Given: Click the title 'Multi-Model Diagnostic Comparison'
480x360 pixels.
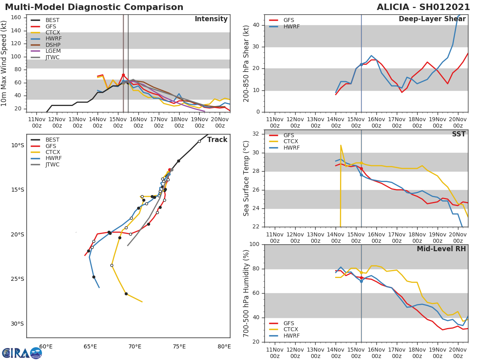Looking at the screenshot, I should coord(94,7).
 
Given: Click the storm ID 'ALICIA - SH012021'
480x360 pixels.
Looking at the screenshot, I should coord(423,7).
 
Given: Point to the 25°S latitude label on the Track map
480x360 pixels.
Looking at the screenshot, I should coord(17,279).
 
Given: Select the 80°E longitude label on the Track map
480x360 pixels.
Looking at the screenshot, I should coord(224,346).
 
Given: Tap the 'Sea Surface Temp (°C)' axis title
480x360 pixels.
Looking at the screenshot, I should coord(246,178).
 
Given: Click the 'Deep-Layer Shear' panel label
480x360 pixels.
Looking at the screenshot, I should coord(432,20).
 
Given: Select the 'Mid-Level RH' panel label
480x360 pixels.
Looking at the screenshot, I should coord(441,249).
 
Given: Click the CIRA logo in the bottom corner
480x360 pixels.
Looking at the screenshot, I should coord(22,353).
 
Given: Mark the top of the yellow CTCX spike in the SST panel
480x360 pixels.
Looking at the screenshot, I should coord(341,145).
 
